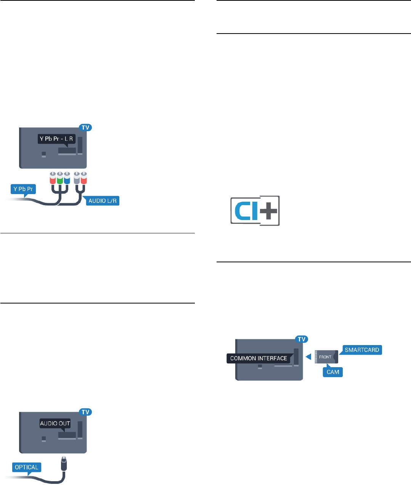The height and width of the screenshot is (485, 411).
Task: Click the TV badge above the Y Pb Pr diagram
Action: tap(85, 127)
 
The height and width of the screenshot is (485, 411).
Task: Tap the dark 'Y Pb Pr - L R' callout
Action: tap(56, 139)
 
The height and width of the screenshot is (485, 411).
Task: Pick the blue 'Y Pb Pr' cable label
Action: tap(23, 189)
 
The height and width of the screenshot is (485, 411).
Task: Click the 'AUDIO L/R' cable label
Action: tap(102, 201)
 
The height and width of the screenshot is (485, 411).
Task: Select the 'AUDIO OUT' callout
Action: tap(55, 423)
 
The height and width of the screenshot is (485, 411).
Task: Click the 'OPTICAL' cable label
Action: tap(26, 467)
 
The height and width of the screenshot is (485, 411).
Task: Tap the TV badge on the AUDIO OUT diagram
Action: tap(85, 412)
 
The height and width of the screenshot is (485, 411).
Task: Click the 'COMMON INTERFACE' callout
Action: tap(258, 358)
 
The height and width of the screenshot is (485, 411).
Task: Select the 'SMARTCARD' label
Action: tap(361, 350)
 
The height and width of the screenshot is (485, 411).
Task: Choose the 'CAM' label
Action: tap(333, 372)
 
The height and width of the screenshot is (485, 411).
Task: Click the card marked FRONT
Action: tap(325, 357)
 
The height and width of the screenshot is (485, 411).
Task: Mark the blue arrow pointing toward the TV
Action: tap(309, 357)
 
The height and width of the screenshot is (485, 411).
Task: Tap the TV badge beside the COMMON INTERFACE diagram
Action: tap(302, 339)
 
